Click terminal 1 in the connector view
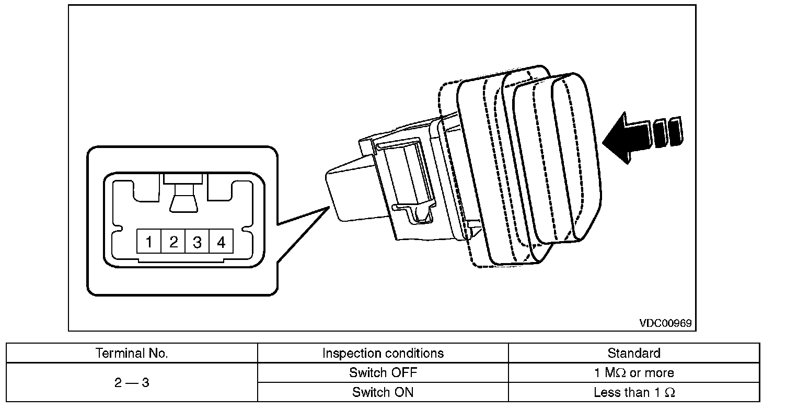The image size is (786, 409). tap(149, 241)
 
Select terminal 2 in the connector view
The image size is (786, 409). tap(173, 241)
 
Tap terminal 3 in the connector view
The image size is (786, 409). tap(197, 241)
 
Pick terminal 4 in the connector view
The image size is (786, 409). tap(221, 241)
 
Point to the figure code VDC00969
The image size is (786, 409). tap(665, 323)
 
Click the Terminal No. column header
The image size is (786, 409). tap(132, 353)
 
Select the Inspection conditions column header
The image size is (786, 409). tap(383, 353)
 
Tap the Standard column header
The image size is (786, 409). tap(634, 353)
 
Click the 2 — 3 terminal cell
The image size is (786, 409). tap(132, 382)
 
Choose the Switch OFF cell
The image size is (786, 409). tap(383, 372)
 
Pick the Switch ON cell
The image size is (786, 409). tap(383, 392)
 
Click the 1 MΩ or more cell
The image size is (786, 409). tap(634, 372)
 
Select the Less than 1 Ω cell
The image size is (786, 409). tap(634, 392)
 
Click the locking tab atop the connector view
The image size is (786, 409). tap(183, 193)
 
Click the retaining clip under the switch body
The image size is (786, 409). tap(414, 212)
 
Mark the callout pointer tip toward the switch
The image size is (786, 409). tap(329, 207)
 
